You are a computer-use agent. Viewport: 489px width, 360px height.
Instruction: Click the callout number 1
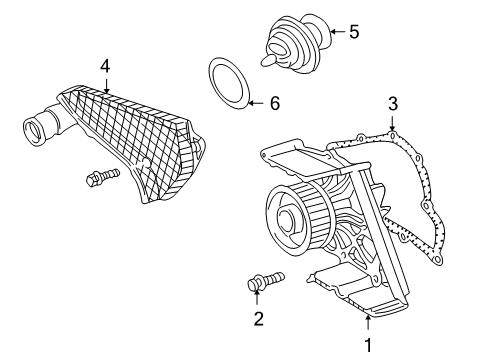[x=368, y=345]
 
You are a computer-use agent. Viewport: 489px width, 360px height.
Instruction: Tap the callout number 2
[x=259, y=319]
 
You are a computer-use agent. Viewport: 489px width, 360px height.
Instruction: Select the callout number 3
[x=393, y=104]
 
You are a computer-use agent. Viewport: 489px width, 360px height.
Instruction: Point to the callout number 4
[x=105, y=66]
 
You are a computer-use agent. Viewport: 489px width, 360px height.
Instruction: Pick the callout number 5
[x=354, y=32]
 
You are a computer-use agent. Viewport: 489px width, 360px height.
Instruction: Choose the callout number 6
[x=275, y=103]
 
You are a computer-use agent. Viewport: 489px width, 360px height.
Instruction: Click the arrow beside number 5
[x=337, y=32]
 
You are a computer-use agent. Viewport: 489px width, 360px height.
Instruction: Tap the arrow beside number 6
[x=257, y=103]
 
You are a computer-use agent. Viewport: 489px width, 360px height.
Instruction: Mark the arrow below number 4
[x=106, y=86]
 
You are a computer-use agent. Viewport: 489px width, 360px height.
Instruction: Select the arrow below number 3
[x=393, y=123]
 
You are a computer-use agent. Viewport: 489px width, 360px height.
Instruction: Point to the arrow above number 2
[x=257, y=297]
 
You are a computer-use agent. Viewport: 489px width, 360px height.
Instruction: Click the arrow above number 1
[x=368, y=323]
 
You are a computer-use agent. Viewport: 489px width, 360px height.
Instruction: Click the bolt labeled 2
[x=266, y=282]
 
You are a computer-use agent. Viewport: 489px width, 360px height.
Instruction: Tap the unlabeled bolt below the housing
[x=102, y=177]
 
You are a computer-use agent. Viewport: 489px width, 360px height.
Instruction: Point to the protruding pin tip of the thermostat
[x=268, y=60]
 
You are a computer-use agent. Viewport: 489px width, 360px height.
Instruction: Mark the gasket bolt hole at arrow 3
[x=393, y=135]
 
